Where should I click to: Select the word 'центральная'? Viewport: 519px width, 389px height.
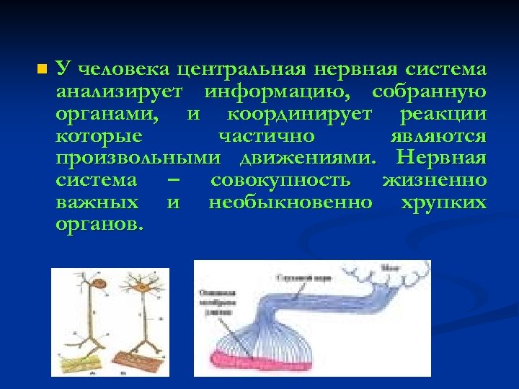pos(241,70)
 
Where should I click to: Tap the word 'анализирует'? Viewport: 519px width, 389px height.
pos(122,92)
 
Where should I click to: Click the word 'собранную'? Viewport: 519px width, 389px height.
pos(429,92)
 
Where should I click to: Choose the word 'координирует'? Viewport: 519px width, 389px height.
pos(299,115)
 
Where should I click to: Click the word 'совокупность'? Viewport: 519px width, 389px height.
pos(280,180)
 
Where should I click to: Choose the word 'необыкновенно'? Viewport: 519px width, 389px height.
pos(290,202)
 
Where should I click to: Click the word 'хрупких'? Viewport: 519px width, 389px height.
pos(443,202)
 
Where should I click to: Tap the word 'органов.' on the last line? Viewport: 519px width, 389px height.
pos(99,224)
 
